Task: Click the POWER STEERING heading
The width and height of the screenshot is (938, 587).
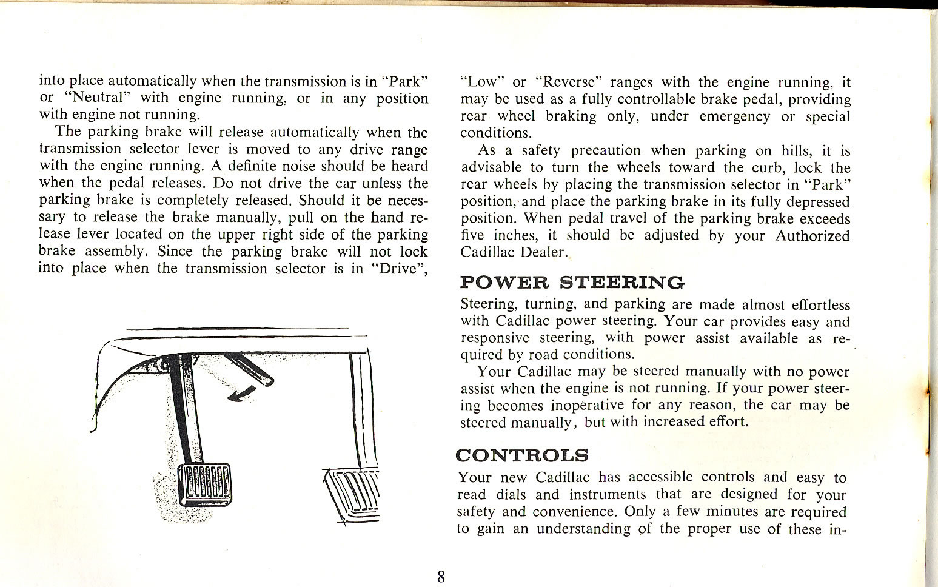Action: click(572, 283)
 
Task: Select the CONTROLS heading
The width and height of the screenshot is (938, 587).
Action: click(521, 455)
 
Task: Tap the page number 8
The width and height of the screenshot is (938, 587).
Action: click(441, 576)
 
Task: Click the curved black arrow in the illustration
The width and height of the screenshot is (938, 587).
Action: click(240, 393)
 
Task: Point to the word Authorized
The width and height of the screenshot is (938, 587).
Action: click(812, 236)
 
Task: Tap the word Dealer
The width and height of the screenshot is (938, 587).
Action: click(541, 253)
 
